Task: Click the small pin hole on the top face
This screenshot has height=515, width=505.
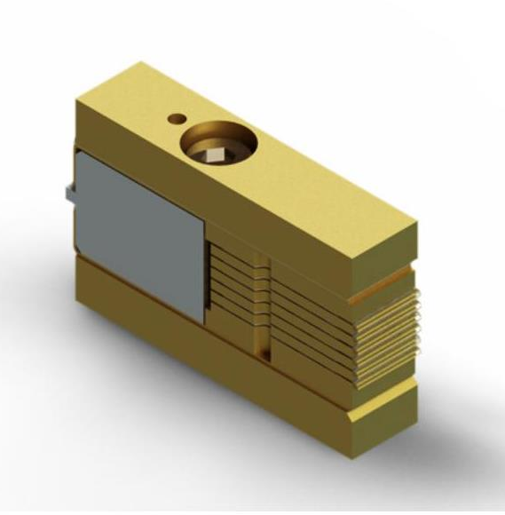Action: click(177, 117)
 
